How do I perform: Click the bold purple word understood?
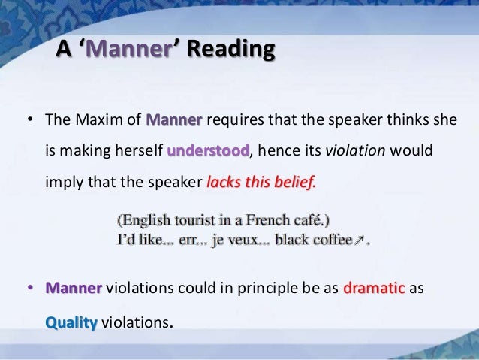pyautogui.click(x=208, y=150)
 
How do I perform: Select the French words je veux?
pyautogui.click(x=241, y=241)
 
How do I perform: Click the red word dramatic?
pyautogui.click(x=373, y=289)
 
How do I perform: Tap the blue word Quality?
pyautogui.click(x=71, y=323)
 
